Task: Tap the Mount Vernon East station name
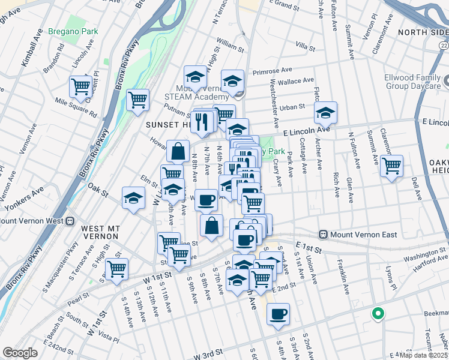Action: pyautogui.click(x=363, y=234)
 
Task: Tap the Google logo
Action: pyautogui.click(x=20, y=353)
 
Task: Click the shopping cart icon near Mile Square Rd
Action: pyautogui.click(x=80, y=86)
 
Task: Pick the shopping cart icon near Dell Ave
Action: pyautogui.click(x=392, y=166)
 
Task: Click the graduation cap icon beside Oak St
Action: pyautogui.click(x=133, y=199)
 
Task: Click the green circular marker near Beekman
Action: pyautogui.click(x=378, y=313)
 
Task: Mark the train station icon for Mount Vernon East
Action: pyautogui.click(x=323, y=234)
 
